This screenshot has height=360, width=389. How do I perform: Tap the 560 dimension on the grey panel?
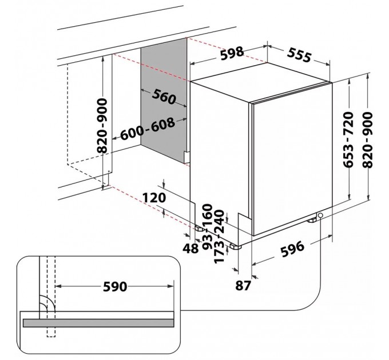[x=164, y=97]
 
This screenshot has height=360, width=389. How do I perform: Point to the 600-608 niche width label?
[x=148, y=129]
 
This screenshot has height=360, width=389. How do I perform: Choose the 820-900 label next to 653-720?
[x=367, y=140]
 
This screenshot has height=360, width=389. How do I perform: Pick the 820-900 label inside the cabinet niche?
[x=102, y=126]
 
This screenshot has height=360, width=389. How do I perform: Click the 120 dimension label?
[x=154, y=198]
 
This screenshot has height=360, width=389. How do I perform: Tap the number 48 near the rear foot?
[x=190, y=249]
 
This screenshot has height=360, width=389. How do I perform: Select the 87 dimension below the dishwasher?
[x=243, y=286]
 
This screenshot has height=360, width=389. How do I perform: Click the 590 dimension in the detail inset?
[x=115, y=286]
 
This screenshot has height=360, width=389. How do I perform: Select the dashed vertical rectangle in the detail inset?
[x=51, y=297]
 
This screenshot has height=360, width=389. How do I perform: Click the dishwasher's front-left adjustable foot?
[x=235, y=246]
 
